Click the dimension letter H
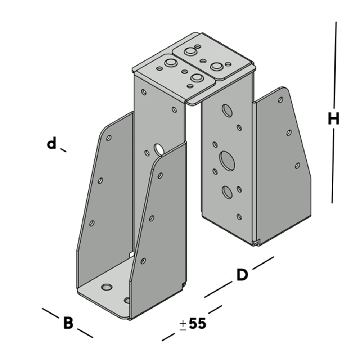(334, 119)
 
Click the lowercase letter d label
(52, 144)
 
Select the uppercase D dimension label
(242, 275)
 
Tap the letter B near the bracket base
(68, 323)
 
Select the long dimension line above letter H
(335, 65)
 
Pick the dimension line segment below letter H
(333, 166)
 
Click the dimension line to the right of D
(263, 263)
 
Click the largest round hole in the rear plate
(227, 161)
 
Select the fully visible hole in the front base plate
(107, 287)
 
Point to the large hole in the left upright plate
(158, 148)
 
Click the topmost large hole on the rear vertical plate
(227, 111)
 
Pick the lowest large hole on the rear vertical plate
(227, 192)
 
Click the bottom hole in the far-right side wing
(297, 165)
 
